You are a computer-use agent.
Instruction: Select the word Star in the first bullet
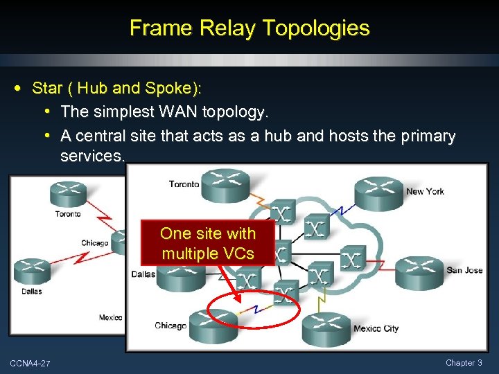pos(47,88)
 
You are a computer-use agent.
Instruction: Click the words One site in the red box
pos(187,233)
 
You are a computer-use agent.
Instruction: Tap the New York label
pos(425,191)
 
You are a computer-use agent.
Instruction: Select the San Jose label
pos(464,270)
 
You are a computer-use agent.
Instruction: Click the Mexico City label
pos(376,328)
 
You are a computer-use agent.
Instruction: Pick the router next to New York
pos(378,190)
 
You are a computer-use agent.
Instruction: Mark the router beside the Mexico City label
pos(326,329)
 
